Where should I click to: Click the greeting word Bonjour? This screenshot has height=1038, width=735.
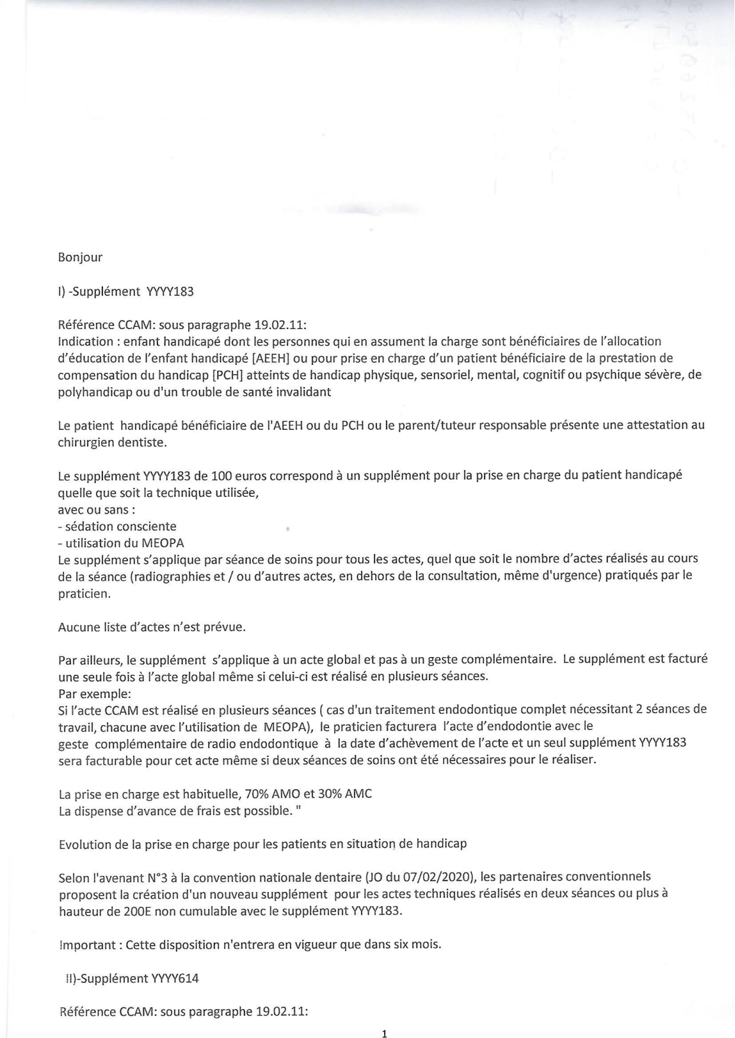[x=80, y=257]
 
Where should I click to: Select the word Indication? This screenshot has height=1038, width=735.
[x=85, y=341]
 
